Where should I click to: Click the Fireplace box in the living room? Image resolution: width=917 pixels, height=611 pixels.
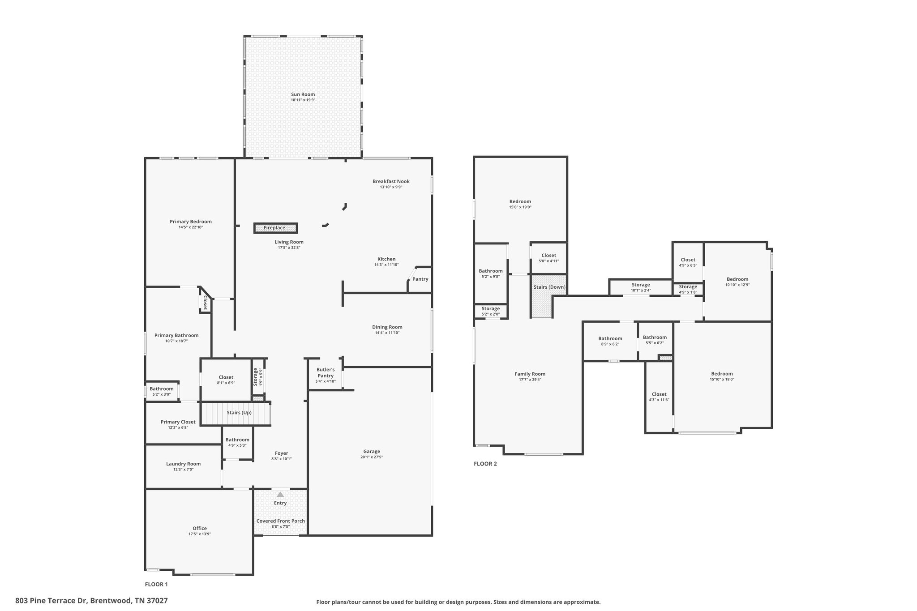(275, 228)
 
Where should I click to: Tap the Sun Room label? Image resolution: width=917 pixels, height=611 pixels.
(303, 94)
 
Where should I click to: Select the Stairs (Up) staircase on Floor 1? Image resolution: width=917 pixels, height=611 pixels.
(236, 413)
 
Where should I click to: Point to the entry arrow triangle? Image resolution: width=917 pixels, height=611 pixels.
(280, 495)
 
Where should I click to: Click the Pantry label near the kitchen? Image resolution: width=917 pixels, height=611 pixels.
(420, 279)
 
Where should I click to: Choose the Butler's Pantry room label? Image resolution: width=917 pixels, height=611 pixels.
(326, 373)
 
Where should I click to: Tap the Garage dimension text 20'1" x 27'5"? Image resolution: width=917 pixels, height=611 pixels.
(372, 457)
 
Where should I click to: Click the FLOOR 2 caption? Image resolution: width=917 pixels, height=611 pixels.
(485, 464)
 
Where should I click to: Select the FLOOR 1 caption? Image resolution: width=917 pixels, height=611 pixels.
(156, 584)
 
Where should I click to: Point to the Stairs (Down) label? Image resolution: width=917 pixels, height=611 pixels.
(549, 287)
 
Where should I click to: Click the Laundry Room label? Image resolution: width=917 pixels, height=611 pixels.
(183, 464)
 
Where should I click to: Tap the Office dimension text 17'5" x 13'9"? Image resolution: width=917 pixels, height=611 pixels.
(200, 534)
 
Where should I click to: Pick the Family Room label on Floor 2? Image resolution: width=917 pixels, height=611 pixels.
(530, 374)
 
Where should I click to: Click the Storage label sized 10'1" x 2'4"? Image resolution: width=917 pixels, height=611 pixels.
(641, 285)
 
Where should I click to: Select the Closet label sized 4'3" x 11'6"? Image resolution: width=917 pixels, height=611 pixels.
(659, 394)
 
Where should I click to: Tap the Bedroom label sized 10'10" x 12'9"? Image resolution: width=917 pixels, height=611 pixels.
(737, 279)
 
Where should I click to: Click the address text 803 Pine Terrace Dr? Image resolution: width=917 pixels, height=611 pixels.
(51, 601)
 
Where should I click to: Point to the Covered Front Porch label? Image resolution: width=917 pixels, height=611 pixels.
(281, 521)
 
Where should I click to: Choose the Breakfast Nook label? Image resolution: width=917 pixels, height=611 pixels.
(391, 181)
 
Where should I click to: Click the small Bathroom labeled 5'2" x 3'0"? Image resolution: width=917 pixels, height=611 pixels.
(162, 389)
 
